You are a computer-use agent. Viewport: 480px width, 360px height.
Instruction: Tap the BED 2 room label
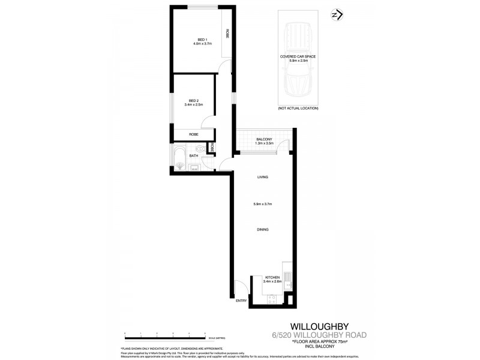193,100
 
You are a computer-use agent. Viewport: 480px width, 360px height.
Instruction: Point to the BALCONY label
265,139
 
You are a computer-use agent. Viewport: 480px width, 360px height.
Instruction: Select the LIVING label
262,177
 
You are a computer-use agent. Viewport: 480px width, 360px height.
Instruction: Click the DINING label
262,230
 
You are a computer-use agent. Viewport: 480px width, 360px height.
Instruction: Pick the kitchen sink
287,278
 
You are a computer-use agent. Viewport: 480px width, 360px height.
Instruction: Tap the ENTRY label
241,300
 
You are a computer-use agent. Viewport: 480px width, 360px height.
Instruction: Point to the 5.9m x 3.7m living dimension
262,204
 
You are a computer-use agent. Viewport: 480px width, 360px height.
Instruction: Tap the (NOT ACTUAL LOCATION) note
298,108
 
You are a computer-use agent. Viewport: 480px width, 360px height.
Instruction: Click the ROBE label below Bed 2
193,134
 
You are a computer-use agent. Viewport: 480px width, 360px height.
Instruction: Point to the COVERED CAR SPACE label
298,56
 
